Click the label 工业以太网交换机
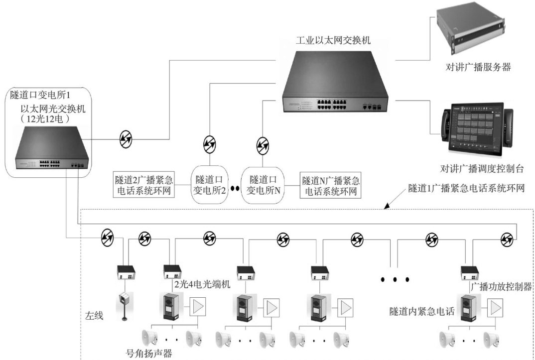coord(333,40)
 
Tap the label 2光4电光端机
coord(202,284)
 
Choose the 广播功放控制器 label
coord(501,287)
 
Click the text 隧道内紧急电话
coord(422,312)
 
